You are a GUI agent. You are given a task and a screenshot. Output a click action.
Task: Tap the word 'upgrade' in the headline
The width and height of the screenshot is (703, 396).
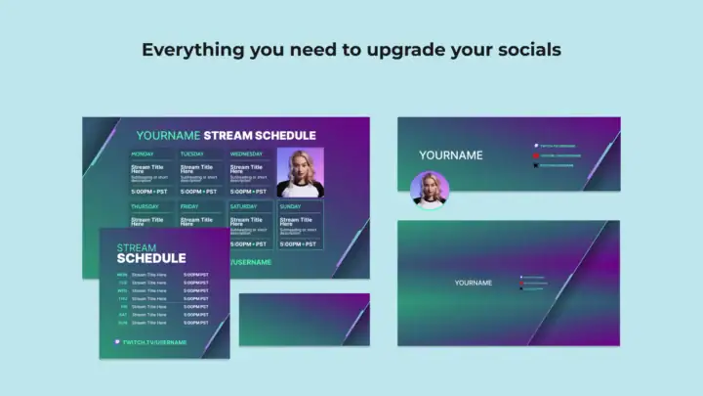click(388, 49)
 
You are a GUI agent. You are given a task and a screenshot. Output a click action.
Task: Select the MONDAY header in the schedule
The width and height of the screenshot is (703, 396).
click(143, 154)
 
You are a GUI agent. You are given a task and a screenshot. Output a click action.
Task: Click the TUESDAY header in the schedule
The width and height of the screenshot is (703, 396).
click(192, 154)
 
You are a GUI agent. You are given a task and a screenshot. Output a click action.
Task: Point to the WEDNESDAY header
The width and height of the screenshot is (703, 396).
click(246, 154)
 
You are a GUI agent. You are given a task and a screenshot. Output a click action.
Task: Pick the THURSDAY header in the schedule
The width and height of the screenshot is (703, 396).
click(145, 207)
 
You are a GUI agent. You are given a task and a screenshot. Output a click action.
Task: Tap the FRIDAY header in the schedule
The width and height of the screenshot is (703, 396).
click(189, 207)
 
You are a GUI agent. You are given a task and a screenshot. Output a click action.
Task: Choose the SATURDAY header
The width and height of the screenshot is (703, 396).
click(244, 207)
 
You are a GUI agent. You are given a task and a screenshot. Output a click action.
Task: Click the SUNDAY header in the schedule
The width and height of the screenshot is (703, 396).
click(290, 207)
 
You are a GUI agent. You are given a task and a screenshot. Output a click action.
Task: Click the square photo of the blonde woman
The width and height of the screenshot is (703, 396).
click(300, 172)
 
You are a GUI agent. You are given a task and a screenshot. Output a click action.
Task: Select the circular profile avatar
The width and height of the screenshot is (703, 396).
click(430, 191)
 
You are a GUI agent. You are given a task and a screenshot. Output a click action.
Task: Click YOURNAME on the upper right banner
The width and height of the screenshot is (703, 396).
click(451, 155)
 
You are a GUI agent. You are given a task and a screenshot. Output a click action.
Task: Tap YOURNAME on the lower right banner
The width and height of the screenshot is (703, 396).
click(474, 284)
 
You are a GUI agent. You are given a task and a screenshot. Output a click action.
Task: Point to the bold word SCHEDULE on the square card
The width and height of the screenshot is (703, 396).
click(151, 259)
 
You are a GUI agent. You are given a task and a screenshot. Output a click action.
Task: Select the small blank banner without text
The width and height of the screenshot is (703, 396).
click(304, 320)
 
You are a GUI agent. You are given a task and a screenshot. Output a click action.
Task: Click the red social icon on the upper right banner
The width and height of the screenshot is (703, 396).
click(536, 155)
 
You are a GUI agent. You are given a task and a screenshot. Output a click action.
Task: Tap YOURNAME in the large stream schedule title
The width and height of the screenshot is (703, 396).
click(168, 135)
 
